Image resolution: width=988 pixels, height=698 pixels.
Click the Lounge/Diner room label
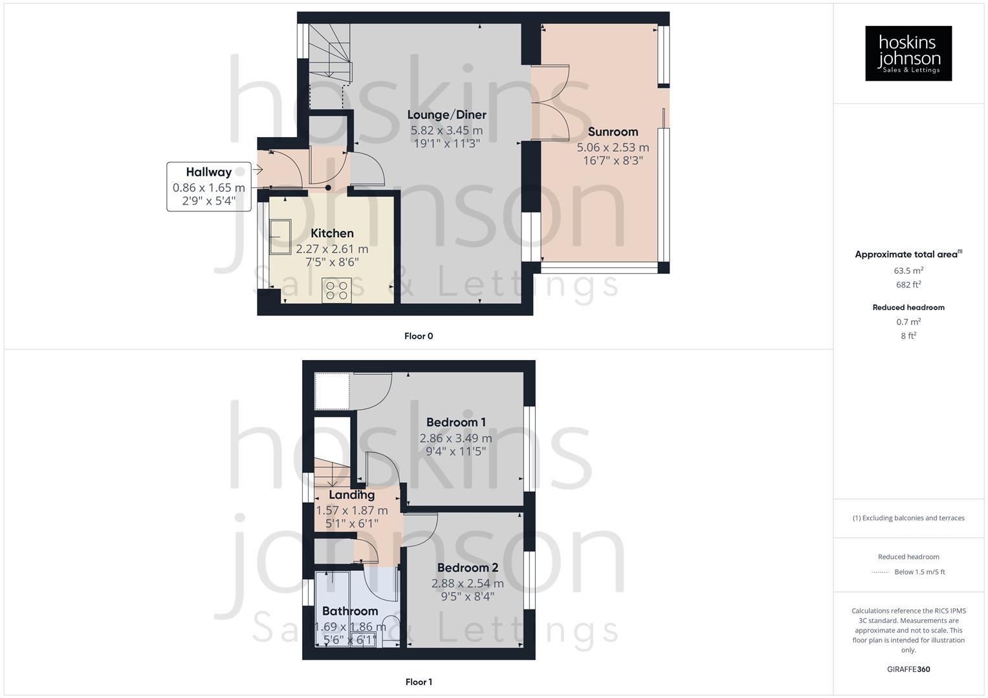click(x=446, y=115)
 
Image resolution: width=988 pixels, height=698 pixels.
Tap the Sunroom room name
click(x=613, y=132)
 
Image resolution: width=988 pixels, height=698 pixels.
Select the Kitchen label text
click(x=332, y=233)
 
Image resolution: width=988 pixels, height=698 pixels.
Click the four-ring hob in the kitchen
click(x=336, y=290)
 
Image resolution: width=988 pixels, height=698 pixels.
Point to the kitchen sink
click(x=280, y=236)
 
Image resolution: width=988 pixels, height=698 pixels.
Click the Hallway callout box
click(x=208, y=186)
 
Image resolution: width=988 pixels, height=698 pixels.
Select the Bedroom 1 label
click(x=456, y=423)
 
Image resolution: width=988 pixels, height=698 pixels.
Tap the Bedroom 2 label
click(x=467, y=568)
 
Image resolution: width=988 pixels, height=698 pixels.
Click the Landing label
click(x=351, y=495)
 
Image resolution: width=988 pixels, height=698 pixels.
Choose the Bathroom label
click(x=350, y=611)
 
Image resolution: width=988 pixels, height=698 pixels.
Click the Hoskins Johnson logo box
click(x=908, y=53)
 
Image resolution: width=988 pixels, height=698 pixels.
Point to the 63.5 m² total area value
click(x=908, y=271)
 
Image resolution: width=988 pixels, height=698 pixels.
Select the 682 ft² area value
click(x=908, y=285)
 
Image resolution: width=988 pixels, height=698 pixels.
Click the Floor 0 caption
click(x=419, y=336)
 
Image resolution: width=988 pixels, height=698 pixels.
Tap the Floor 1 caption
click(x=419, y=682)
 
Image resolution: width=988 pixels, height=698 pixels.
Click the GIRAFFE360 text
click(x=908, y=670)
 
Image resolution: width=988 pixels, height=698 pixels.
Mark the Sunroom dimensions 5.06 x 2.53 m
click(x=613, y=147)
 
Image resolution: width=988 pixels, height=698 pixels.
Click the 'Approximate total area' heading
click(x=908, y=255)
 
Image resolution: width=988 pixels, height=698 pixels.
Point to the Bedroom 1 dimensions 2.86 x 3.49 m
click(x=456, y=438)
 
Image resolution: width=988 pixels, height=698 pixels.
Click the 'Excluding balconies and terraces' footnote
click(x=908, y=518)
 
